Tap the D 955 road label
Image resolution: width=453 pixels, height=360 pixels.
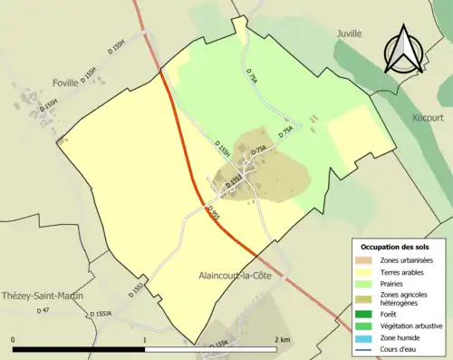[x=213, y=214]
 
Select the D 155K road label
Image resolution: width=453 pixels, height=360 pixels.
[x=218, y=343]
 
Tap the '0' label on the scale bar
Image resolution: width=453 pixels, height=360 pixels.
[x=14, y=339]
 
